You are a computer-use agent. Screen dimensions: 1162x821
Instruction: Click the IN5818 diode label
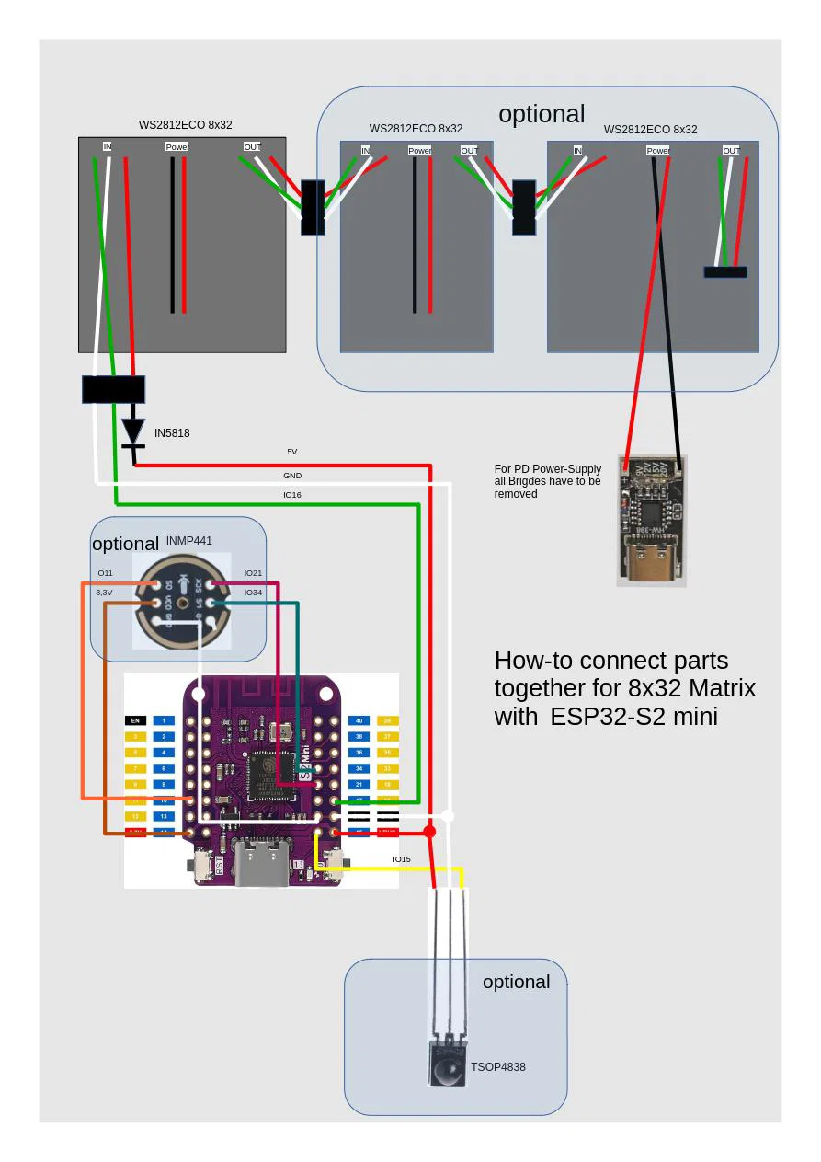[172, 432]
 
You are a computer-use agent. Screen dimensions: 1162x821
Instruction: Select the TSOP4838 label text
[497, 1067]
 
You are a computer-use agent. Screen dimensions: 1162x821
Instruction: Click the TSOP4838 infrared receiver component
[448, 1064]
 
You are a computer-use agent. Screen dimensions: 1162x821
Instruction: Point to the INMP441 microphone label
[188, 540]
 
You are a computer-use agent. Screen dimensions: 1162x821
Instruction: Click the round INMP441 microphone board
[183, 604]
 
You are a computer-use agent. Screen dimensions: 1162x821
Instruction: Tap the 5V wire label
[291, 452]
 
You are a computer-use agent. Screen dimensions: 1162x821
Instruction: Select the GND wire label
[291, 476]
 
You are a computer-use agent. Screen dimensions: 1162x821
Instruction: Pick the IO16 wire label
[291, 495]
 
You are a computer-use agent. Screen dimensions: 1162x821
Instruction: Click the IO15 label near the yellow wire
[402, 859]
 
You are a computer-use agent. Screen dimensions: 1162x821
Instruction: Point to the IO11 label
[104, 573]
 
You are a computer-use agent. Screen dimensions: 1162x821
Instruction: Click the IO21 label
[253, 573]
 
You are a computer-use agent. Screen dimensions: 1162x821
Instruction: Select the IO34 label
[253, 593]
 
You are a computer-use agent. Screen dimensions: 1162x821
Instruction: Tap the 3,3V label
[104, 593]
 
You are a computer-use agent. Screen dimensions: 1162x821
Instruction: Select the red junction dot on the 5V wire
[429, 832]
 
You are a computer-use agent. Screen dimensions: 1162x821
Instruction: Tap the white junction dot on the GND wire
[448, 816]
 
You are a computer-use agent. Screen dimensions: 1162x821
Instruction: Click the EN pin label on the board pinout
[135, 720]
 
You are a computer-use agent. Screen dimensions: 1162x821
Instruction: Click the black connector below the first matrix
[113, 389]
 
